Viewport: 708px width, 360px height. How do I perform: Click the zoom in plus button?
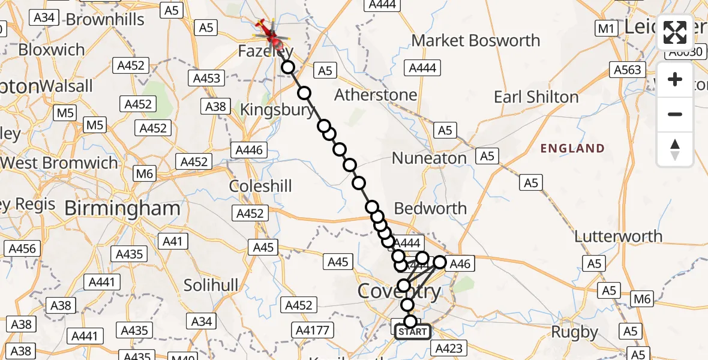675,80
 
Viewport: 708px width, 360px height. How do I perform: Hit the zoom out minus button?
675,114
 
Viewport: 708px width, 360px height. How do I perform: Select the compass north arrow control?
675,149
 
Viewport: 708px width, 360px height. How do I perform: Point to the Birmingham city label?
122,209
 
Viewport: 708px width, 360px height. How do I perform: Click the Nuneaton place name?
429,158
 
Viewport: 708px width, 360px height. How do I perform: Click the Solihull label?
211,285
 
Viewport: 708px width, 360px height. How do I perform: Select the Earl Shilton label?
536,97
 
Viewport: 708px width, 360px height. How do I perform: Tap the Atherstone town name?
376,95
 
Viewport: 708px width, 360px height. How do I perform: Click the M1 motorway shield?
604,28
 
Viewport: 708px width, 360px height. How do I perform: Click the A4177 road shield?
313,329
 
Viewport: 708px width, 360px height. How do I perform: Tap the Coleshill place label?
260,186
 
